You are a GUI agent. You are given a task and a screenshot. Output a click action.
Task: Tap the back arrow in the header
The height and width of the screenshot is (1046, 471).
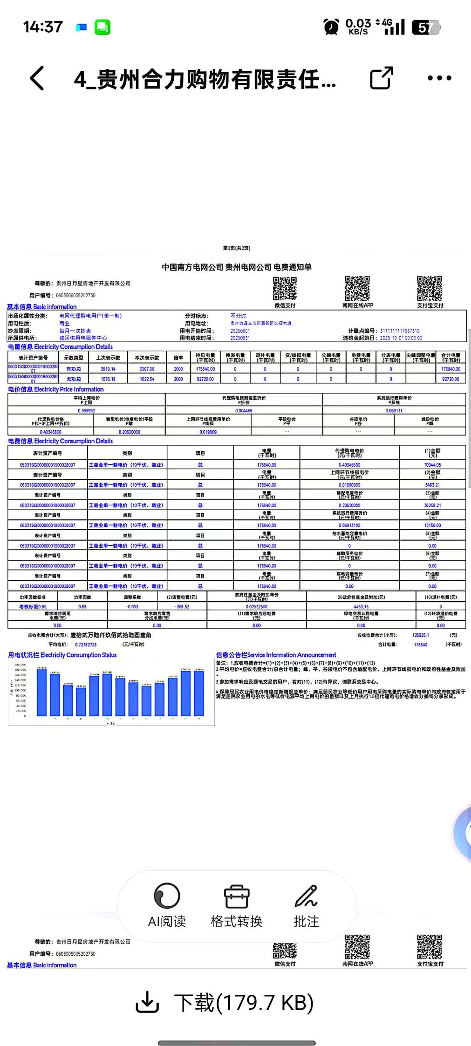[x=37, y=78]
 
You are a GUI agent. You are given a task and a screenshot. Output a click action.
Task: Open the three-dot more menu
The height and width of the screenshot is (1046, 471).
[x=439, y=78]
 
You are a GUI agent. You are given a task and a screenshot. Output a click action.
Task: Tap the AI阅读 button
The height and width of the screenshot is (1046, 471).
[x=167, y=904]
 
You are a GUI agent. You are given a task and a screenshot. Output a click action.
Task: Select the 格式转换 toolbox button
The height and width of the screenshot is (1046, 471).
[x=237, y=904]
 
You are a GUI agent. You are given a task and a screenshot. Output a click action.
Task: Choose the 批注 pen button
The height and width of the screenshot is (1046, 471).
[x=306, y=904]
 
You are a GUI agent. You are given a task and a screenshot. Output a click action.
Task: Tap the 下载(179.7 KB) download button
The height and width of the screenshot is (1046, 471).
[x=225, y=1002]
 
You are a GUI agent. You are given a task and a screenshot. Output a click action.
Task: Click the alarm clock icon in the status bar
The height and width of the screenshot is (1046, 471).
[x=331, y=27]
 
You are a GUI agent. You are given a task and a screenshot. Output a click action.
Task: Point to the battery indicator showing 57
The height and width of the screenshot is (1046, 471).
[x=426, y=27]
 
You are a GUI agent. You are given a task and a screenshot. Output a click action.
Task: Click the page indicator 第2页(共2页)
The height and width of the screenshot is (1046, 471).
[x=237, y=248]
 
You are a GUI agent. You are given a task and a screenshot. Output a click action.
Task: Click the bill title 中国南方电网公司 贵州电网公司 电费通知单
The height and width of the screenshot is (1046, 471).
[x=237, y=267]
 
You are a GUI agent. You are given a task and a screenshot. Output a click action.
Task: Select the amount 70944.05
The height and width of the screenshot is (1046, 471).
[x=432, y=465]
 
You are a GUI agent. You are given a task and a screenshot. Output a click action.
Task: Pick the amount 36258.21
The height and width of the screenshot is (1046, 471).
[x=432, y=505]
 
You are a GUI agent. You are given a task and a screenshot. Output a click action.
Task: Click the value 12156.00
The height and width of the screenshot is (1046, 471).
[x=432, y=526]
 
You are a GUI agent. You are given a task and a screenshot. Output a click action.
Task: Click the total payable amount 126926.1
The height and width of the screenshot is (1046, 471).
[x=420, y=635]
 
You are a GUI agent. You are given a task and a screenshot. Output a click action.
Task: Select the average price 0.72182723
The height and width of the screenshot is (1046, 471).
[x=86, y=644]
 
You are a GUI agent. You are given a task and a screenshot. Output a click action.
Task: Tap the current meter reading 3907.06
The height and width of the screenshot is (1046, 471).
[x=147, y=369]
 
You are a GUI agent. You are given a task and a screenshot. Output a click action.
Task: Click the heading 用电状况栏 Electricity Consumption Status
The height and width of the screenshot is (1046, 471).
[x=62, y=655]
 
